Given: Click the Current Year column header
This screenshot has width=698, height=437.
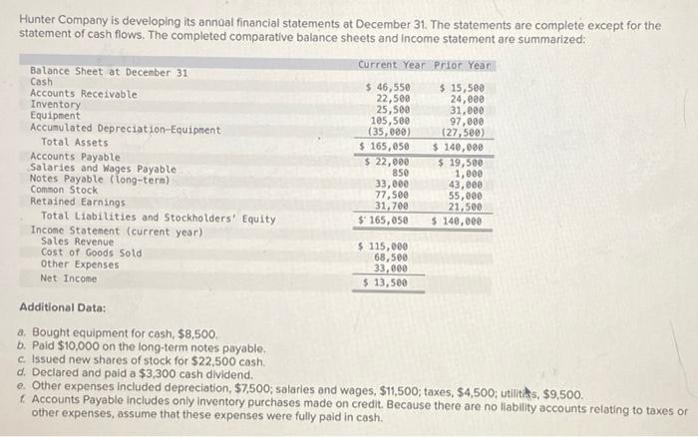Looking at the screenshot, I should [x=391, y=65].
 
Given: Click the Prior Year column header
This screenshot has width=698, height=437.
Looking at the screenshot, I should [x=464, y=65].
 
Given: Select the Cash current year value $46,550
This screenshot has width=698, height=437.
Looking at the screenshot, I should [x=388, y=88].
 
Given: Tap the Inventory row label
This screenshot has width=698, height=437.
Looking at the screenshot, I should [x=55, y=105].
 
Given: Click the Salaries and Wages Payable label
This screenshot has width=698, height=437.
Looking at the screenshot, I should [x=104, y=170].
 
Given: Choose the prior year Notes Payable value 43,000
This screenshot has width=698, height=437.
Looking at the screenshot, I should [x=466, y=185].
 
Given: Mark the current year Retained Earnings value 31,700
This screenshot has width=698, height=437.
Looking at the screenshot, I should [x=391, y=207].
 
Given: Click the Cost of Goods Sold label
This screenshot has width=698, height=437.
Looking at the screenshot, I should [x=91, y=252].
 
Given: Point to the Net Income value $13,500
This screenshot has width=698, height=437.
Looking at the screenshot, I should [x=385, y=282].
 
